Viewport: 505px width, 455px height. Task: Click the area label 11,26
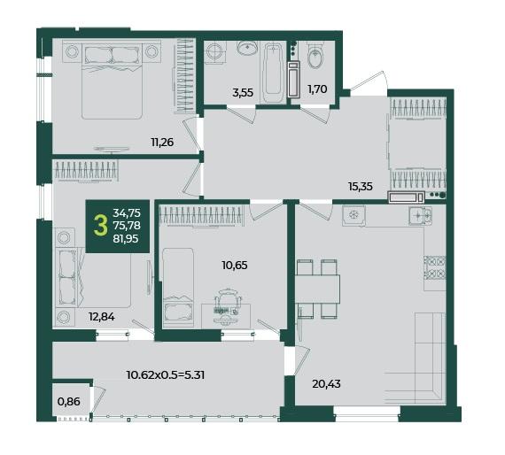[162, 142]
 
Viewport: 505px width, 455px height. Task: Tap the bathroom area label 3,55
[243, 93]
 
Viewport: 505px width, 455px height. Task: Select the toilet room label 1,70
[317, 89]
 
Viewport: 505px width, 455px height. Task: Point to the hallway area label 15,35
[361, 186]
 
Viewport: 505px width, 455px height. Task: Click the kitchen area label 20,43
[327, 384]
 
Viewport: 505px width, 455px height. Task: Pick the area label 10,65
[235, 266]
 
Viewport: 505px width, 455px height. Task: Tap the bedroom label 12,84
[102, 317]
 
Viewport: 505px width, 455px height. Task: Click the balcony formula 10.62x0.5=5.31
[166, 374]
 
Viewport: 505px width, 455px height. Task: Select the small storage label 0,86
[68, 402]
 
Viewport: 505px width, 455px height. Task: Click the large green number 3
[100, 226]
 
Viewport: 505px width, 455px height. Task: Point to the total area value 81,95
[126, 239]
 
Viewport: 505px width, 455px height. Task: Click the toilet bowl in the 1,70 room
[315, 56]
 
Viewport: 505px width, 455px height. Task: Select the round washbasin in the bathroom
[248, 48]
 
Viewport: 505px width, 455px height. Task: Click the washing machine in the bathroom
[213, 50]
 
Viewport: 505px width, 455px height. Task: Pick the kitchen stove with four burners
[434, 267]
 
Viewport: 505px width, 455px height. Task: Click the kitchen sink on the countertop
[421, 215]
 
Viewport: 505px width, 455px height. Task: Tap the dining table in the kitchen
[317, 289]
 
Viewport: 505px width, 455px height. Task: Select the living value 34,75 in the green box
[127, 212]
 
